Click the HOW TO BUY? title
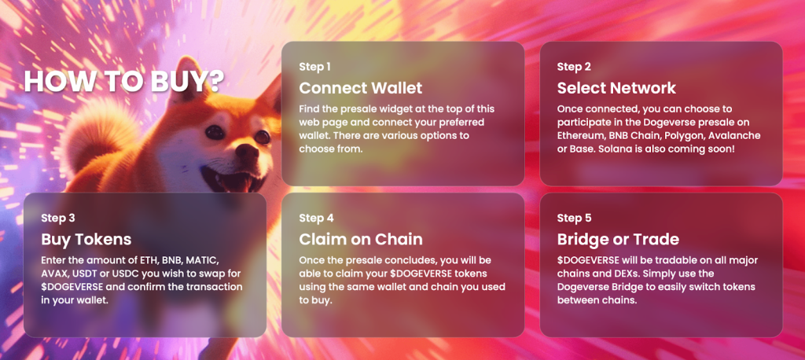coord(123,82)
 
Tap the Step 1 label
coord(314,67)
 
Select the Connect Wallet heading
coord(360,88)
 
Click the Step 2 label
coord(574,67)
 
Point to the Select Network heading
coord(616,88)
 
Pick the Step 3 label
coord(58,218)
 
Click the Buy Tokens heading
coord(86,239)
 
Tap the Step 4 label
coord(316,218)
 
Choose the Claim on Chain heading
coord(361,239)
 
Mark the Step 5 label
coord(574,218)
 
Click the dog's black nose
coord(247,152)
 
